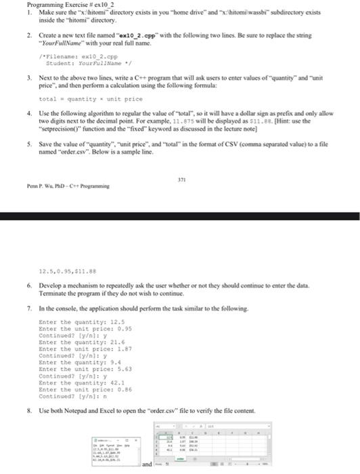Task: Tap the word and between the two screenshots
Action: click(x=148, y=465)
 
